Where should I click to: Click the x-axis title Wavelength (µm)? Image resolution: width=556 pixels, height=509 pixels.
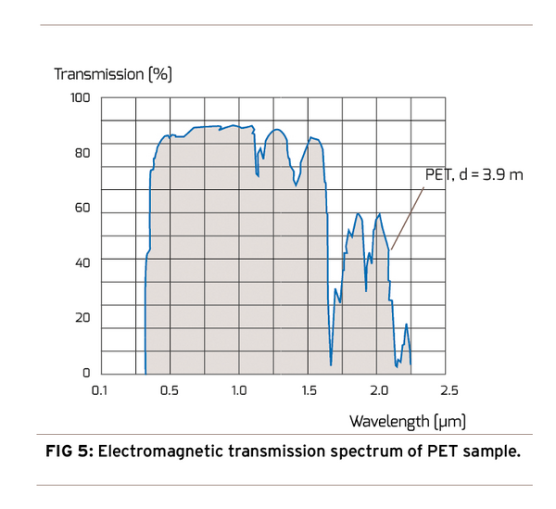(407, 421)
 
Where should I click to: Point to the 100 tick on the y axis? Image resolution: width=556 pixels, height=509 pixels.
(81, 97)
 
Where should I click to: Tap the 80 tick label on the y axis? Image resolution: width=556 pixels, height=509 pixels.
(82, 152)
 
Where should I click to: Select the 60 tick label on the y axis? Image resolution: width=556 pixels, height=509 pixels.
(82, 208)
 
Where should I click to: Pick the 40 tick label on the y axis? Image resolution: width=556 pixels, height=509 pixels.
(82, 262)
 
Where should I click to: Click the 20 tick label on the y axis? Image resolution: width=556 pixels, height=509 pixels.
(82, 318)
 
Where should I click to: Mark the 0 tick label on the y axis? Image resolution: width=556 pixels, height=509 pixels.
(86, 373)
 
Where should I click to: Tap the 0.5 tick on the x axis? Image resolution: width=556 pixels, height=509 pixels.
(170, 390)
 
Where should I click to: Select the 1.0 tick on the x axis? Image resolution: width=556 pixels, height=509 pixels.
(239, 390)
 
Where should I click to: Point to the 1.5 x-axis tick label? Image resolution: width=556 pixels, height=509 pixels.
(309, 390)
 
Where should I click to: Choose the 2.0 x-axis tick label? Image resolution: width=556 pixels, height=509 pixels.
(378, 390)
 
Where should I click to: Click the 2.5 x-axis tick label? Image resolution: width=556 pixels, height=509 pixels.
(448, 390)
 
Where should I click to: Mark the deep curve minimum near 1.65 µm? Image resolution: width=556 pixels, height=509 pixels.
(331, 363)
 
